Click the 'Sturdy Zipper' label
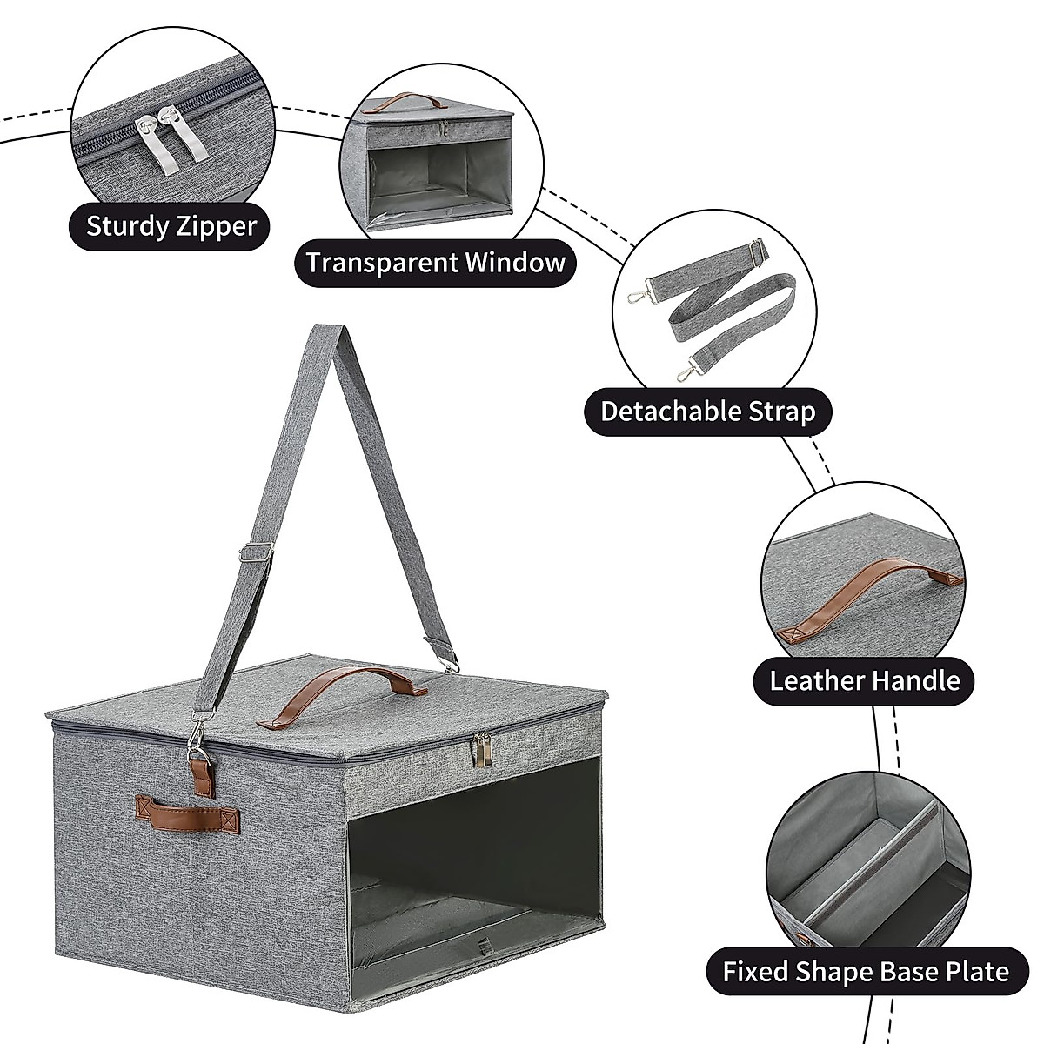pyautogui.click(x=171, y=227)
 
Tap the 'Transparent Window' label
pyautogui.click(x=435, y=262)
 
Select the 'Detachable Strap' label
pyautogui.click(x=708, y=411)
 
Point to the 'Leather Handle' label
pyautogui.click(x=864, y=679)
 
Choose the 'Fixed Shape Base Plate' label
pyautogui.click(x=866, y=971)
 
